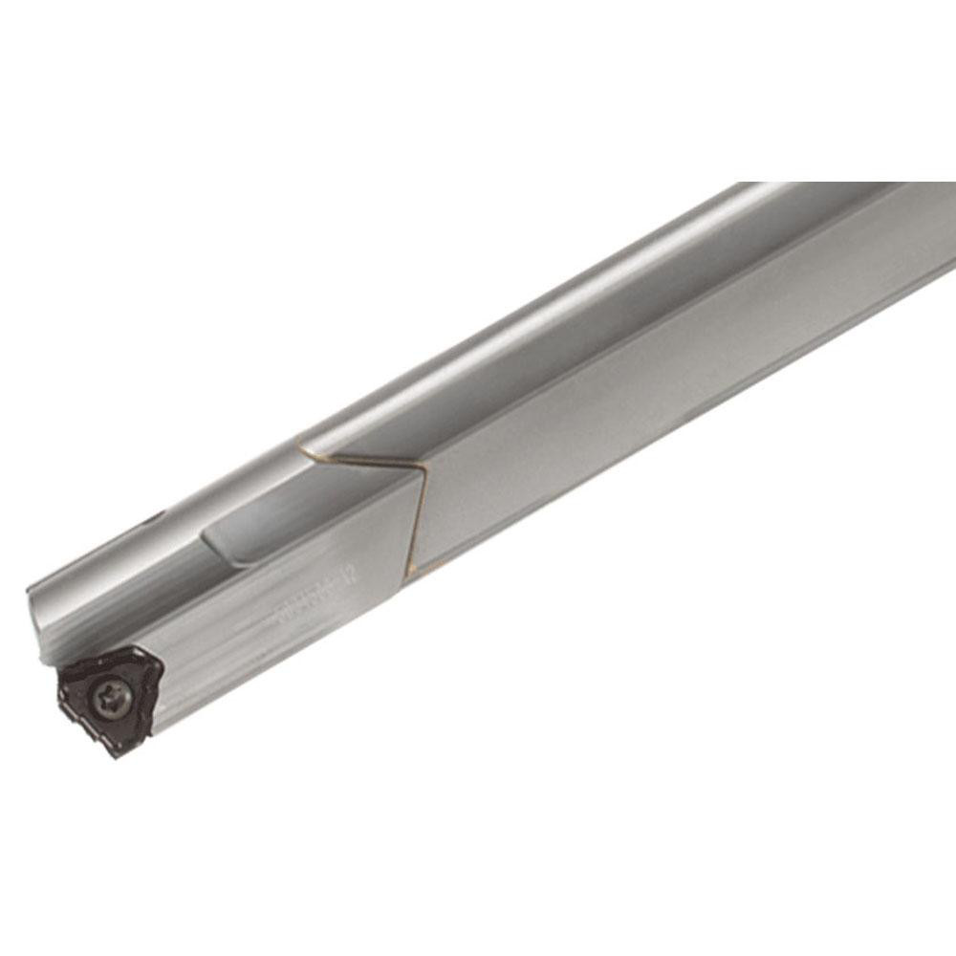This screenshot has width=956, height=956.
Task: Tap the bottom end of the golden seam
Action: coord(408,572)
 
